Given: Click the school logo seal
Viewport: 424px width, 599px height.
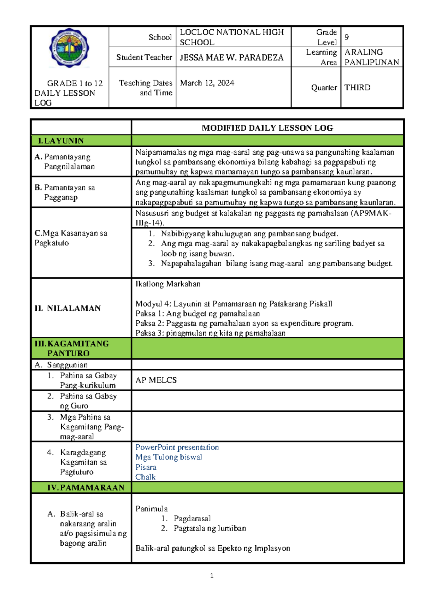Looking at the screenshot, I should click(x=69, y=48).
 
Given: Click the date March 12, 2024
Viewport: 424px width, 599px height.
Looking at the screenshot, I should click(x=207, y=83).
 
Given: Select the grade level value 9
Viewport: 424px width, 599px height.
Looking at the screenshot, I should click(x=347, y=37).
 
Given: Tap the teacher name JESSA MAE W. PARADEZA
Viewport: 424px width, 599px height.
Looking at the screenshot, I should click(x=231, y=58).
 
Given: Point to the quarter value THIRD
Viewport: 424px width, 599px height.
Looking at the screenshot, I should click(x=357, y=88).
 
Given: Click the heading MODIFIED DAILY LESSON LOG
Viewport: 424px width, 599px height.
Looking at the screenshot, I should click(x=267, y=128).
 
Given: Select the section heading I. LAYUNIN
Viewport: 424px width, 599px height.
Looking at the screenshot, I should click(x=61, y=141).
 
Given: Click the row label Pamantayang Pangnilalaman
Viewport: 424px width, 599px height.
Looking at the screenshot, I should click(x=67, y=162).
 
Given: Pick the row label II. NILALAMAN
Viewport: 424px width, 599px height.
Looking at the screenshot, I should click(x=67, y=308).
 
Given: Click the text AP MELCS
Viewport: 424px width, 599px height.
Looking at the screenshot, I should click(x=156, y=380).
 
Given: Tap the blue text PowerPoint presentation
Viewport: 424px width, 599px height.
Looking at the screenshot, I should click(x=177, y=447).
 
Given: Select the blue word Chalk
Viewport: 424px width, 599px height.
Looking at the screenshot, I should click(x=145, y=477).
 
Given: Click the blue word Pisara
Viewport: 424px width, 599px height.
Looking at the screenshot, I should click(x=146, y=467).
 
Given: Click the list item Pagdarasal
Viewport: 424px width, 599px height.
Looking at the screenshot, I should click(x=192, y=518).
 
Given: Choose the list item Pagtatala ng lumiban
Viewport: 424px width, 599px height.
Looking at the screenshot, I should click(x=210, y=528).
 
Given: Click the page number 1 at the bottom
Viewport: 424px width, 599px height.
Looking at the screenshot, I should click(x=212, y=576).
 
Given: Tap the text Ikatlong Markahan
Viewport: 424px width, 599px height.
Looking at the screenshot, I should click(x=168, y=284).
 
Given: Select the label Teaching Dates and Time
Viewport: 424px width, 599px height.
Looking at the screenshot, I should click(x=146, y=88).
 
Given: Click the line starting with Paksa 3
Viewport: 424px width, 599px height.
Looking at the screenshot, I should click(x=210, y=333).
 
